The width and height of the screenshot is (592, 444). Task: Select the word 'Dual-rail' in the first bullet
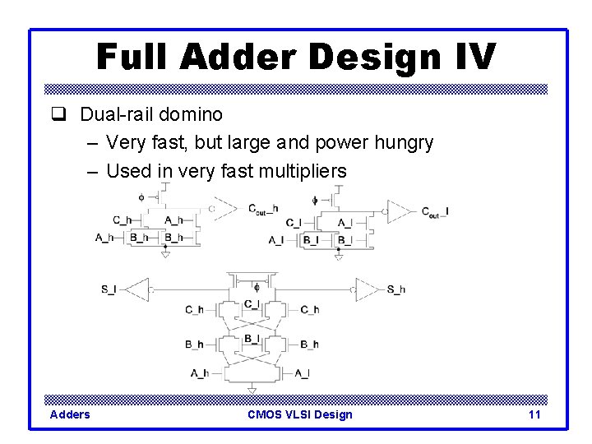point(111,114)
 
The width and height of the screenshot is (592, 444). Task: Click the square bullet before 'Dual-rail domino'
point(58,114)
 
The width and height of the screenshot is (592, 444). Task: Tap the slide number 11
point(534,414)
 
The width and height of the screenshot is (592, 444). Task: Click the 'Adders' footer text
point(70,414)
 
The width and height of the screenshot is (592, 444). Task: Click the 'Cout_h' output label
point(263,208)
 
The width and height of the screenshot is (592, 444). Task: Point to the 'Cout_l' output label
point(435,212)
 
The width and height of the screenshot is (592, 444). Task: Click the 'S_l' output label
point(109,289)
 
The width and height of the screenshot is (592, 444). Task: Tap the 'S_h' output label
point(395,289)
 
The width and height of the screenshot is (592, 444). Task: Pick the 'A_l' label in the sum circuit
point(302,373)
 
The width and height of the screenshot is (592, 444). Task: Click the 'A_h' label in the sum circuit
point(199,373)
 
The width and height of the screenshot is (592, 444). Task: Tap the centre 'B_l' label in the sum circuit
point(252,339)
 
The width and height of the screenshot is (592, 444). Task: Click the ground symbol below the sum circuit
point(252,390)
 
